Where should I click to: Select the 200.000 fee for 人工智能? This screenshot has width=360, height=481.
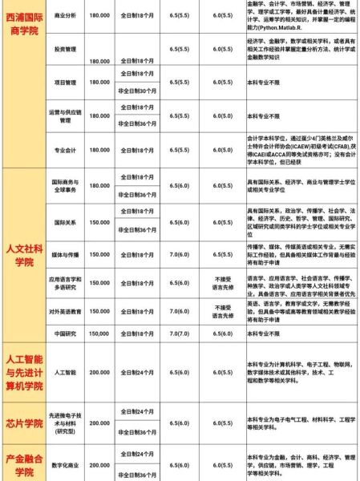point(99,372)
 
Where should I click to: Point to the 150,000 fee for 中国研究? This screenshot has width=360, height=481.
point(99,333)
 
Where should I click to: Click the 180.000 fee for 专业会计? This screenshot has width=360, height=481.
point(99,149)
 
